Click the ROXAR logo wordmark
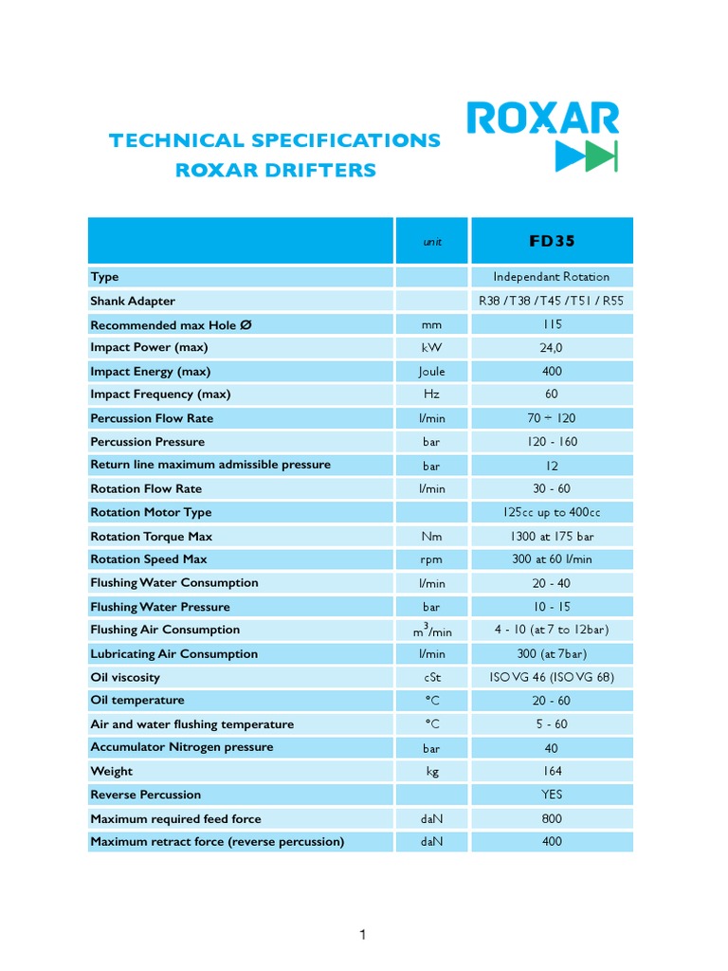(x=542, y=119)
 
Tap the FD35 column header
(x=552, y=241)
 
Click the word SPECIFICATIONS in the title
(x=346, y=140)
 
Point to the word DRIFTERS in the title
(x=325, y=171)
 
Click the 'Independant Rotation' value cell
(x=552, y=277)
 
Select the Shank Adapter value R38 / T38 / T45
(x=552, y=301)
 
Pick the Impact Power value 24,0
(x=552, y=348)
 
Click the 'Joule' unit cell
(x=431, y=372)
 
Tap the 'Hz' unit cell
(x=431, y=394)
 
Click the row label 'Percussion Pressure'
(x=147, y=442)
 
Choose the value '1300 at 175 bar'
(x=552, y=537)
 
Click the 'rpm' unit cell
(x=431, y=559)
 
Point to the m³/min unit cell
(x=431, y=631)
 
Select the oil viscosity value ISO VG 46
(x=552, y=677)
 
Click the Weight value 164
(x=552, y=771)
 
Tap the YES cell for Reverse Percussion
(x=552, y=795)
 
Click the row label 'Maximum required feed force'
(x=175, y=818)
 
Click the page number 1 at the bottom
(x=362, y=936)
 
